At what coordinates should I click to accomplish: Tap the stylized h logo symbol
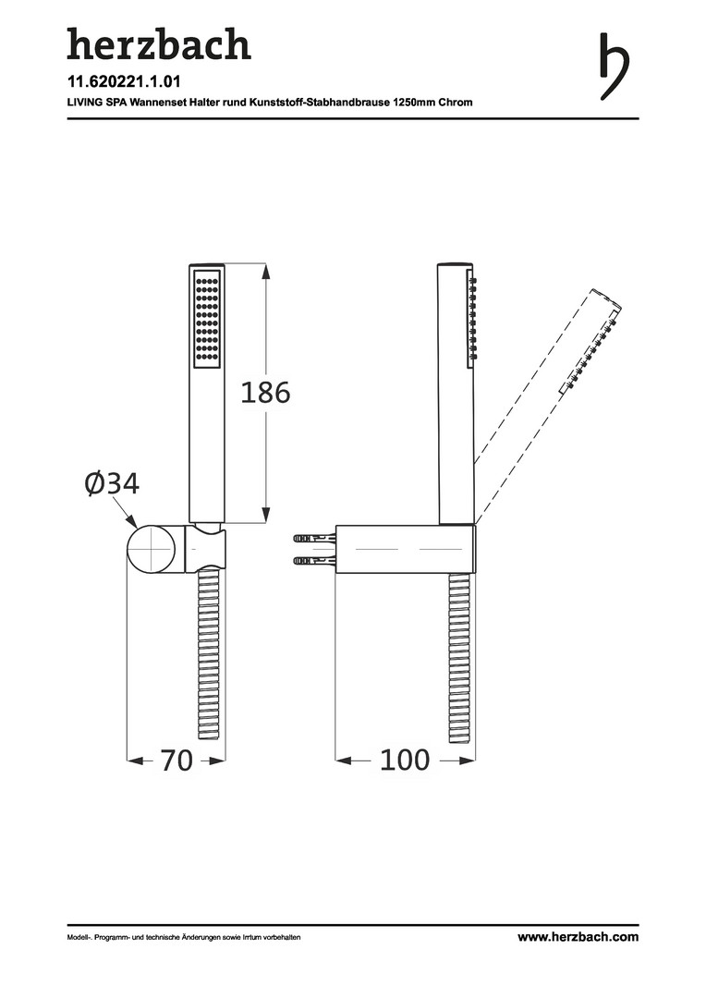tap(615, 67)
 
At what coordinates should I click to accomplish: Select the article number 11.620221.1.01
tap(124, 81)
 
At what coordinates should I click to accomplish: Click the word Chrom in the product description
tap(456, 102)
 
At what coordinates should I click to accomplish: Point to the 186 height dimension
tap(265, 393)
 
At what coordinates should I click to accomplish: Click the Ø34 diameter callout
tap(112, 483)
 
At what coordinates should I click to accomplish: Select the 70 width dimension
tap(176, 760)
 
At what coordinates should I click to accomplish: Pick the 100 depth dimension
tap(405, 760)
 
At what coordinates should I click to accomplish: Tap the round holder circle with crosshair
tap(152, 549)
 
